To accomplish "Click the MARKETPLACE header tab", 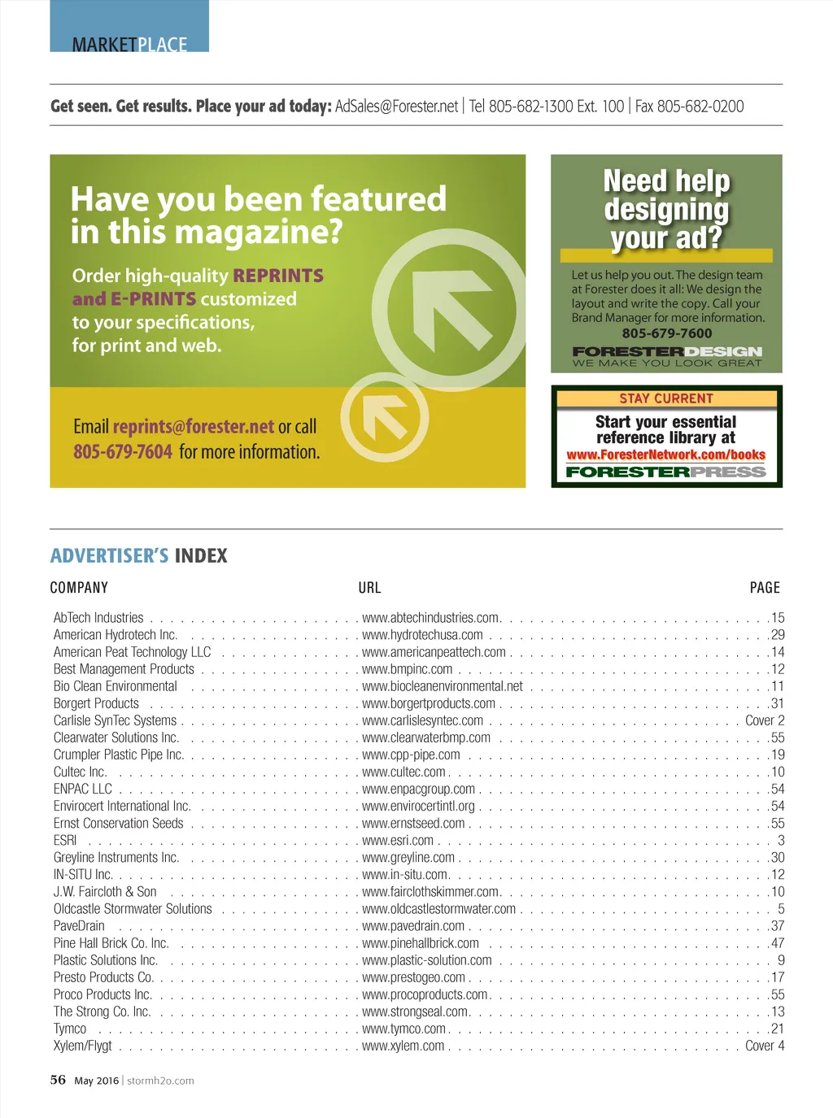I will [129, 44].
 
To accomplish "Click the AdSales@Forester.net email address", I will [396, 107].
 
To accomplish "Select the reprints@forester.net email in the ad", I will [193, 427].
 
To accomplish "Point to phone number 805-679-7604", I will [122, 452].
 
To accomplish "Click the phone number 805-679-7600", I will [666, 333].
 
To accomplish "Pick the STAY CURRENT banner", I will [666, 398].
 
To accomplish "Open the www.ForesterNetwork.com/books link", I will [666, 455].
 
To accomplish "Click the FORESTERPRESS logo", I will [666, 472].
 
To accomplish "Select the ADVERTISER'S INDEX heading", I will [138, 556].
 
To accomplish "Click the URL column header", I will [369, 588].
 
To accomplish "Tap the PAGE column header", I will [765, 588].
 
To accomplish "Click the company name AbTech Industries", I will [98, 618].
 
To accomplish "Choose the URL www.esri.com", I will [398, 841].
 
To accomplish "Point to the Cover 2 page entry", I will [765, 721].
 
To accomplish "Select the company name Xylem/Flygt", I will [82, 1046].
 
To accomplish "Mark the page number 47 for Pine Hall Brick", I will [777, 943].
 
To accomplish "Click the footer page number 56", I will [58, 1080].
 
